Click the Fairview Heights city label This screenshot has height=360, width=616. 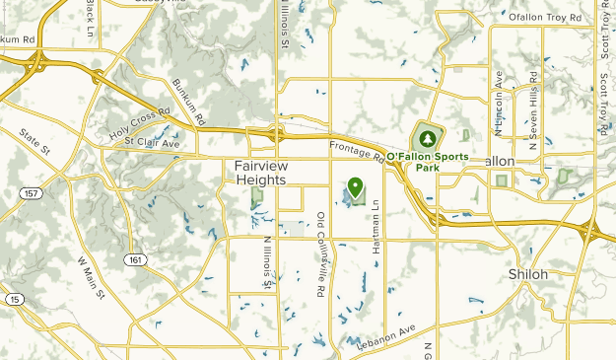point(261,173)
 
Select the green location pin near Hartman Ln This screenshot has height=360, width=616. point(354,186)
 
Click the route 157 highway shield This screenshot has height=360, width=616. point(34,193)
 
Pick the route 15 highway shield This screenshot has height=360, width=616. point(13,299)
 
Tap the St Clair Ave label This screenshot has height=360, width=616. point(152,142)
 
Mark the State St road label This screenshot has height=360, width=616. point(35,143)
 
